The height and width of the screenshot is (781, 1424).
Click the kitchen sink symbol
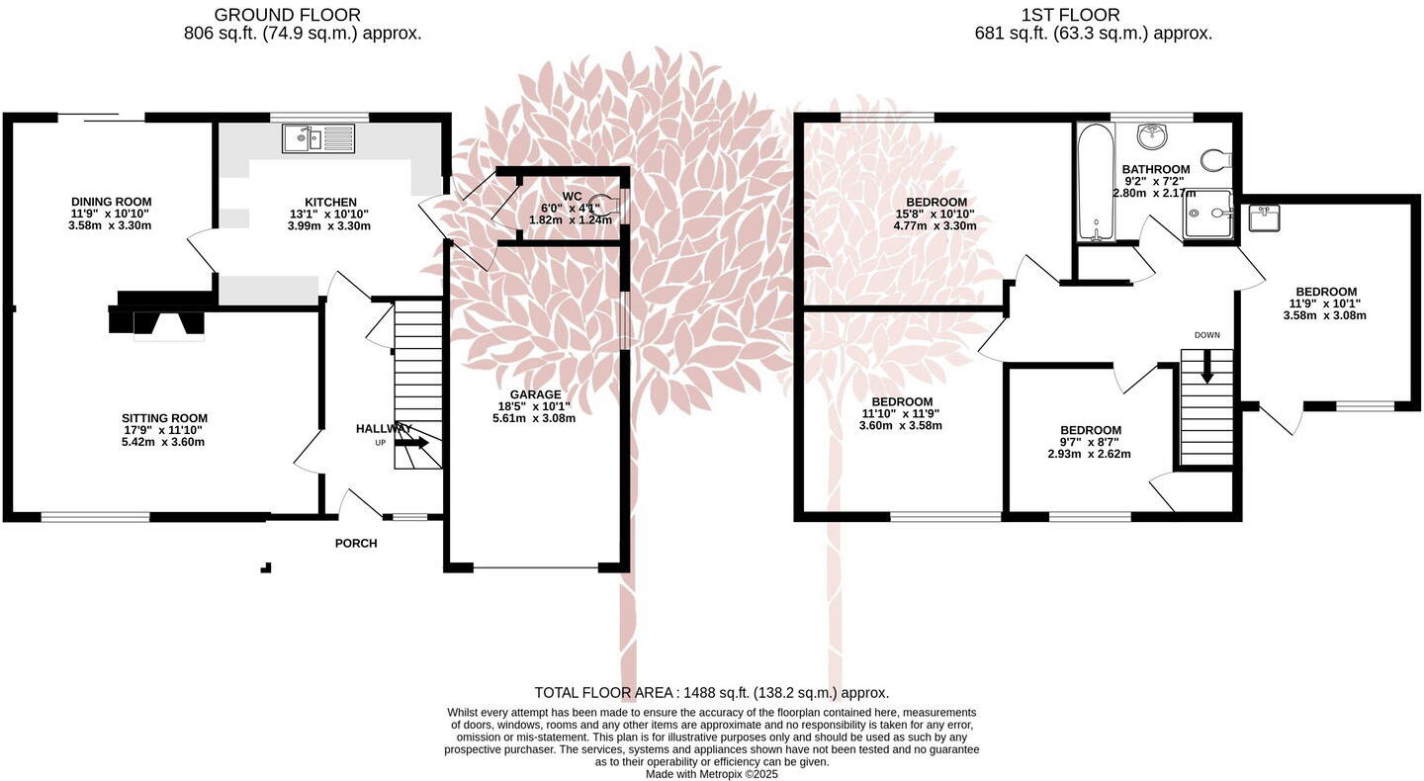[317, 138]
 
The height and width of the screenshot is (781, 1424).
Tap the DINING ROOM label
[110, 202]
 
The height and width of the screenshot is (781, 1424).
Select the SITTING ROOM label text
[164, 418]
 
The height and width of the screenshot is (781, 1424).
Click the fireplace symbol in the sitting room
[158, 322]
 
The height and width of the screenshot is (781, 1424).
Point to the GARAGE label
[534, 394]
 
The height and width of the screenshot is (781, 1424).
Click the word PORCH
[356, 544]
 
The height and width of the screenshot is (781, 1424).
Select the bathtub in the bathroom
[1095, 183]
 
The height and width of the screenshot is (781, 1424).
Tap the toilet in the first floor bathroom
[1214, 159]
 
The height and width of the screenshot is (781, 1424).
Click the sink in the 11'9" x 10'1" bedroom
[1264, 217]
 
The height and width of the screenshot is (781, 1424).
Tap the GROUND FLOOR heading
[288, 15]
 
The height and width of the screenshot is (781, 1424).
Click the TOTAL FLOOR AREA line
[711, 693]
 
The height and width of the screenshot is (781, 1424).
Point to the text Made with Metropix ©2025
[711, 774]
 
